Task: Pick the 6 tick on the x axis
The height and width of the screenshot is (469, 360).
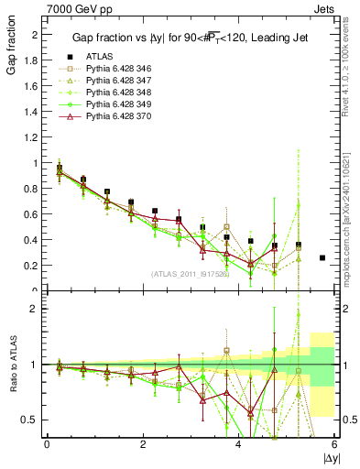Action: (x=334, y=444)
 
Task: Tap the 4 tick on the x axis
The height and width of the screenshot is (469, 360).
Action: (x=238, y=444)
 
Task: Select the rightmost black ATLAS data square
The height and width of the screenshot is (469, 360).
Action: (x=322, y=258)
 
